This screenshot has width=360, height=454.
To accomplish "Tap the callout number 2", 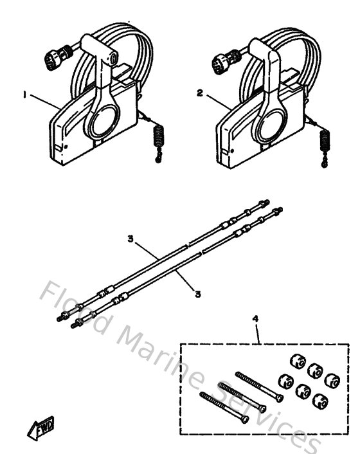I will click(x=199, y=93).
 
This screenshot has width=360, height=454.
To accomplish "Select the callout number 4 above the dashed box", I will click(x=256, y=318).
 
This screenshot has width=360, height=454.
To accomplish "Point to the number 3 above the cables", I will click(x=130, y=239).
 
